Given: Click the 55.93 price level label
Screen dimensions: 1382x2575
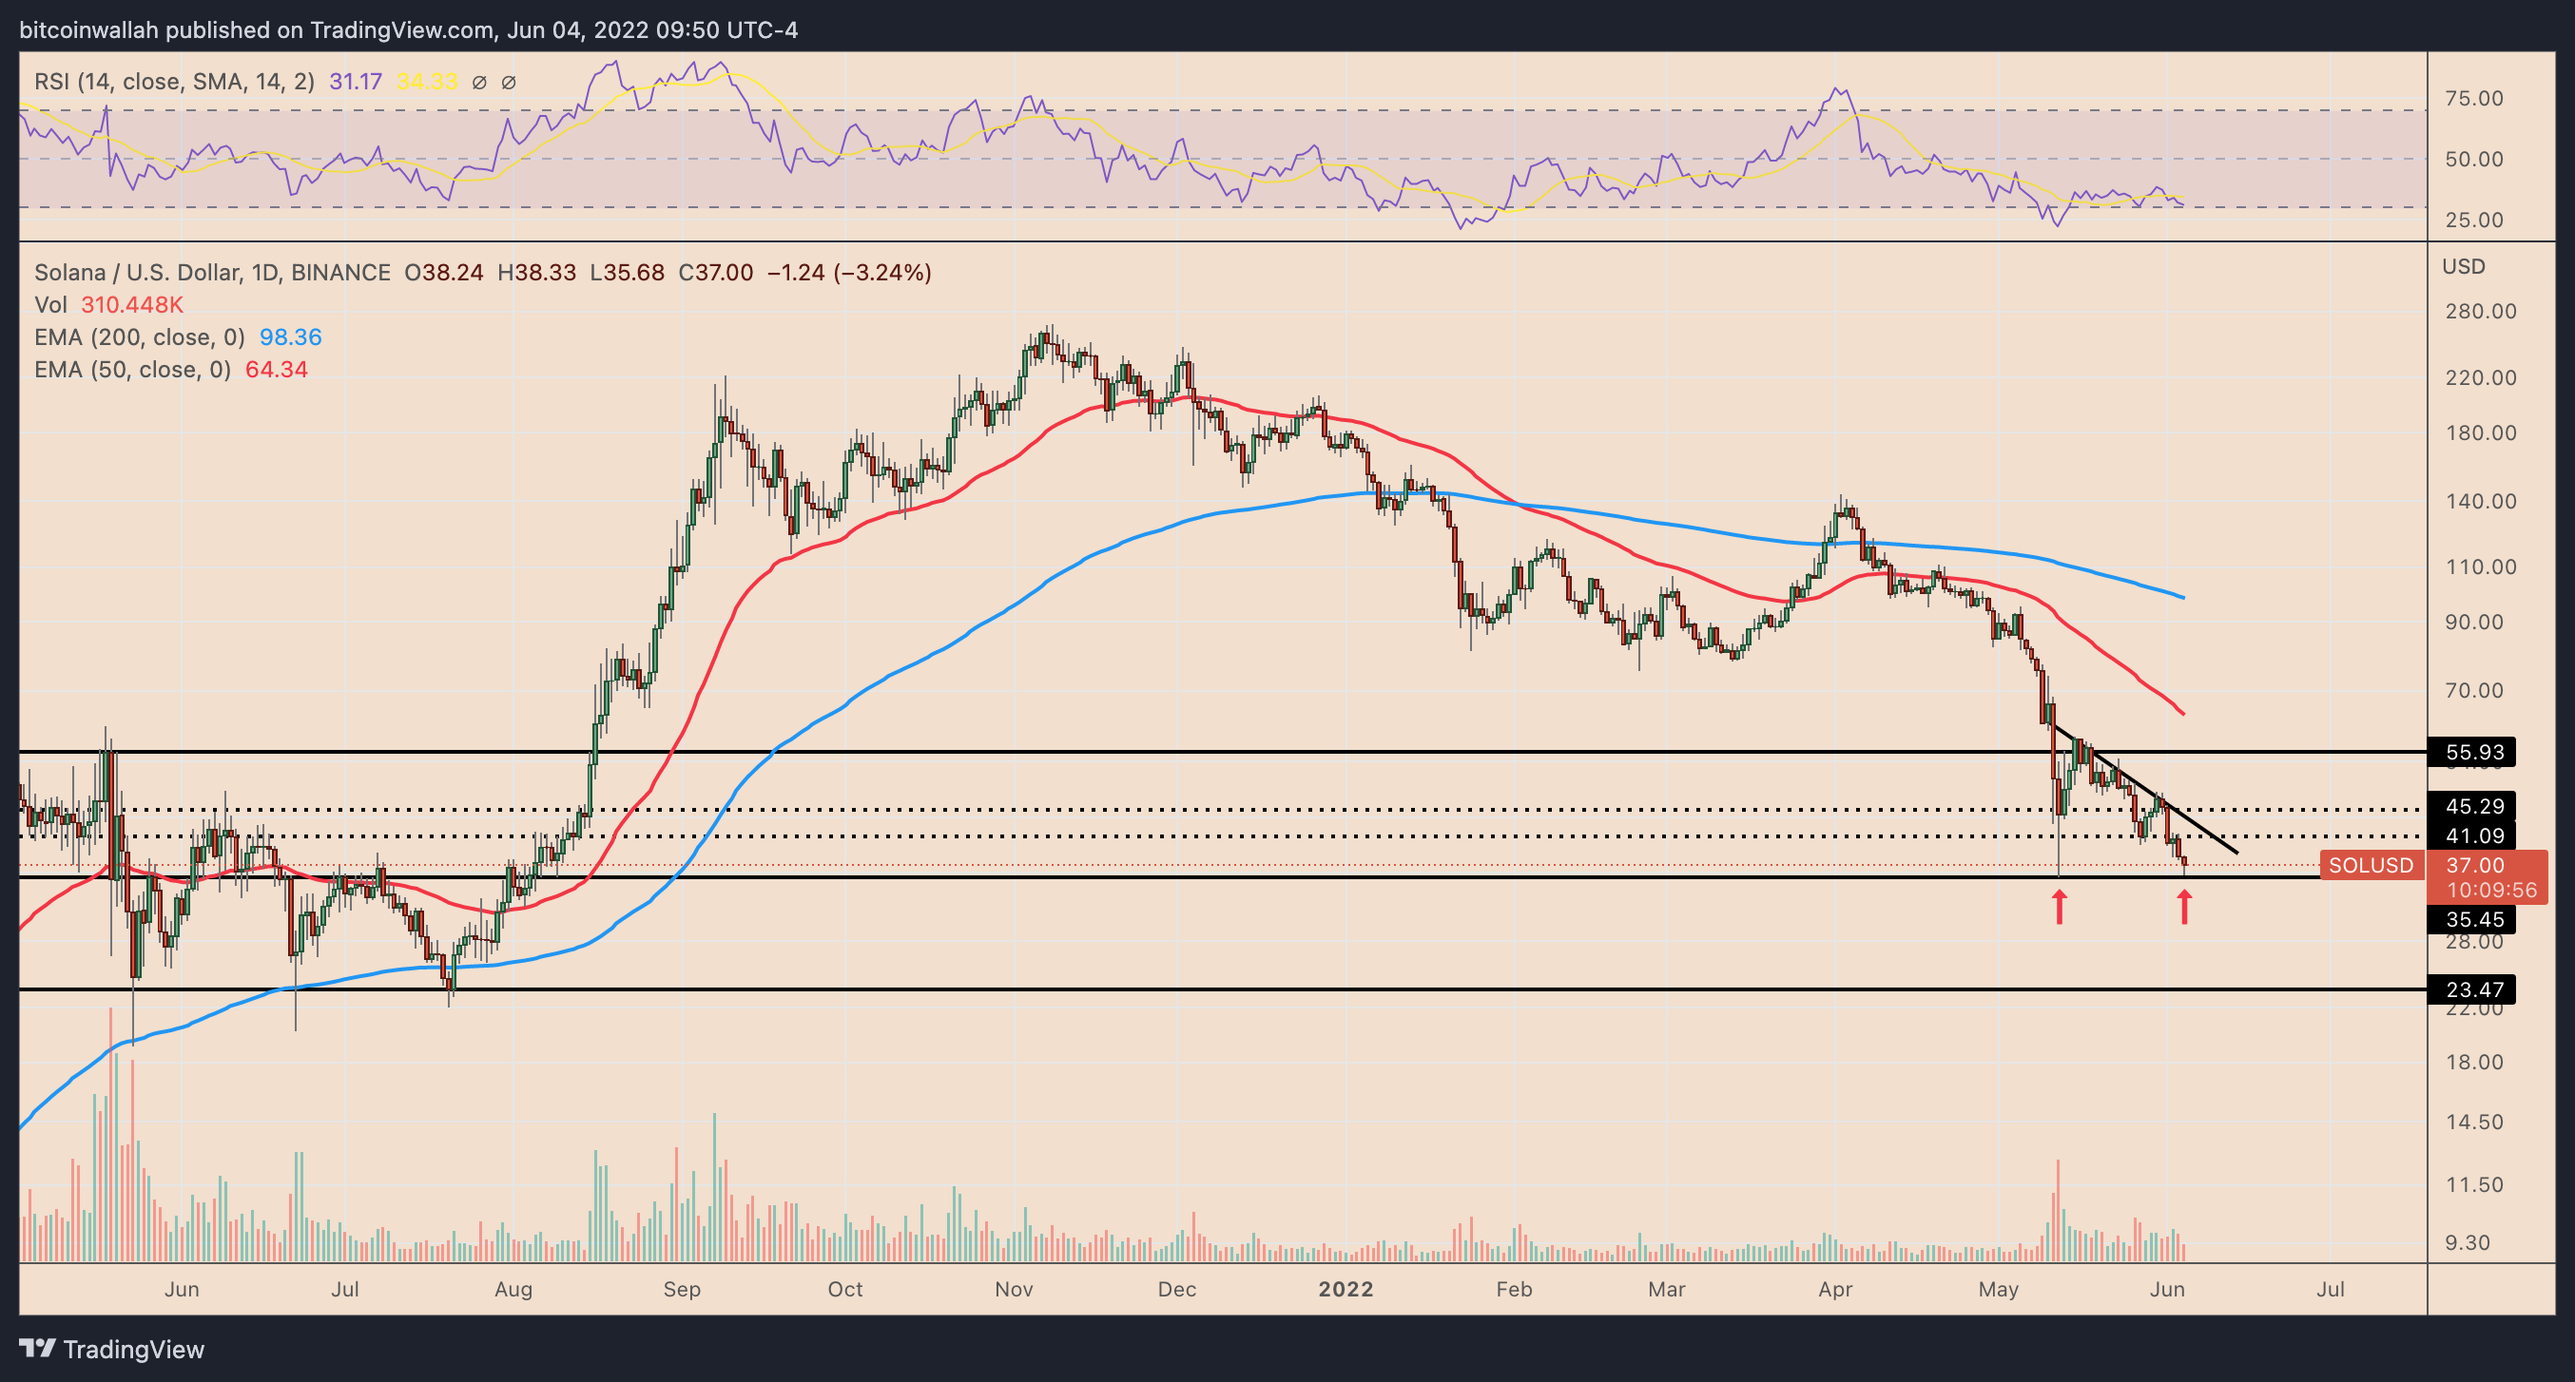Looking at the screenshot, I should pyautogui.click(x=2473, y=752).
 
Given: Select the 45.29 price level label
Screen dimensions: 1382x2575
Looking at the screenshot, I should pyautogui.click(x=2473, y=805).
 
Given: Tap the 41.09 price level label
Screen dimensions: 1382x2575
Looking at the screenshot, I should pyautogui.click(x=2473, y=835).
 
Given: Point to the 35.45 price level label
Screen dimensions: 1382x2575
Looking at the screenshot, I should pyautogui.click(x=2473, y=919).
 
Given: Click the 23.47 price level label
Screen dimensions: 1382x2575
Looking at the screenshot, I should pyautogui.click(x=2473, y=989).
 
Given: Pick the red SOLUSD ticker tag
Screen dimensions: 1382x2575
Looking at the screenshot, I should pyautogui.click(x=2370, y=865).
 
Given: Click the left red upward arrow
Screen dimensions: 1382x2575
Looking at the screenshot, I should pyautogui.click(x=2060, y=907).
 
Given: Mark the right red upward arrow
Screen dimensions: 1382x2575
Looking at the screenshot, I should pyautogui.click(x=2184, y=907).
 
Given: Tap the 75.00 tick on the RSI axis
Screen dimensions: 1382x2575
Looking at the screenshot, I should pyautogui.click(x=2473, y=98).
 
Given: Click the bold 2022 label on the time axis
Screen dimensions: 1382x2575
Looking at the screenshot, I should pyautogui.click(x=1346, y=1289).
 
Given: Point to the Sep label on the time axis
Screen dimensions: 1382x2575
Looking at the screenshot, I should pyautogui.click(x=682, y=1289).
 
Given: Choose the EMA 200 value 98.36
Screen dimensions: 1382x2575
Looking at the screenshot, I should pyautogui.click(x=290, y=336).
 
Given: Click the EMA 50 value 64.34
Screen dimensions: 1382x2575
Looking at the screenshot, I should pyautogui.click(x=276, y=370).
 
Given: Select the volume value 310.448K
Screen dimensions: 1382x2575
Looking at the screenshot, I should pyautogui.click(x=132, y=305).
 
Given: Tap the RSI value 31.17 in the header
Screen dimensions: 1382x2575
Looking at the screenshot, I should pyautogui.click(x=355, y=82).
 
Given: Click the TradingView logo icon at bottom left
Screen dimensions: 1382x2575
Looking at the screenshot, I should pyautogui.click(x=38, y=1349).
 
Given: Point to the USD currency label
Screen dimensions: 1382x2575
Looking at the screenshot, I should pyautogui.click(x=2463, y=266).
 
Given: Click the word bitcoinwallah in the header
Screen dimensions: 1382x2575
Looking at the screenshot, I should pyautogui.click(x=89, y=30).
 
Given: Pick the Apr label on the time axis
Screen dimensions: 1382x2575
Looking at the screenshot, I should pyautogui.click(x=1835, y=1289).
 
